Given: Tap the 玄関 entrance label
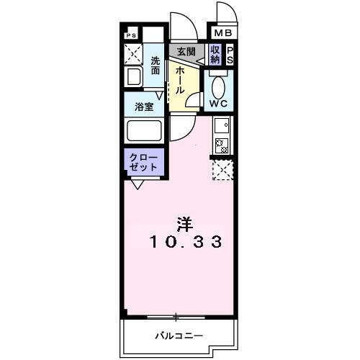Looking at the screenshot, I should tap(186, 52).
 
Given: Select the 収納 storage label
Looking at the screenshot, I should tap(215, 55).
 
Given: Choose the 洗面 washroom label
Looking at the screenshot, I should tap(156, 66).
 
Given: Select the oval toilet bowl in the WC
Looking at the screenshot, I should tap(219, 85).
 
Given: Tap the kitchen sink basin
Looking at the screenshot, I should tap(222, 125).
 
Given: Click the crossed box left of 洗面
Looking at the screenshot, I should tap(132, 54).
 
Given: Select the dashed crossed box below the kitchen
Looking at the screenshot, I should tap(222, 170).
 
